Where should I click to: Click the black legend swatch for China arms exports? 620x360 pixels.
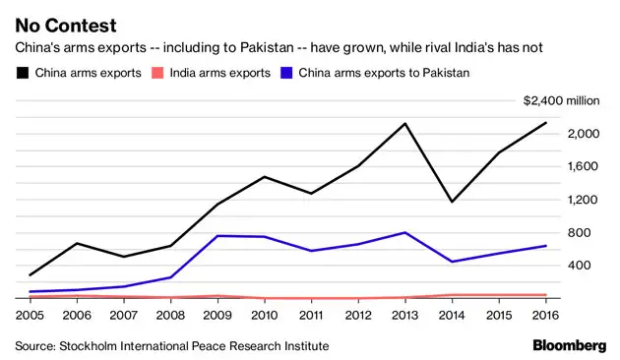tap(21, 72)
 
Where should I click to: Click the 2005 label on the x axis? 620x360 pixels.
tap(30, 314)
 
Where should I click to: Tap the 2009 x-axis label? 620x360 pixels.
tap(217, 314)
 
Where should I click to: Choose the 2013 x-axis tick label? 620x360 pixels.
tap(403, 314)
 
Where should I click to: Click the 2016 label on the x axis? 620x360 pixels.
tap(544, 314)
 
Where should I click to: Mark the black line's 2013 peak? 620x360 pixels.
tap(403, 123)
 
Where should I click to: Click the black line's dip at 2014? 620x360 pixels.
tap(451, 202)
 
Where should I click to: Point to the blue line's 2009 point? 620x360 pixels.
tap(217, 235)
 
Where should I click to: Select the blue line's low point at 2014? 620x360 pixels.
tap(451, 262)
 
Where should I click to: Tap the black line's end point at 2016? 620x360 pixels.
tap(546, 122)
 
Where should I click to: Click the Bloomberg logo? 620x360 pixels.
tap(569, 345)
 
